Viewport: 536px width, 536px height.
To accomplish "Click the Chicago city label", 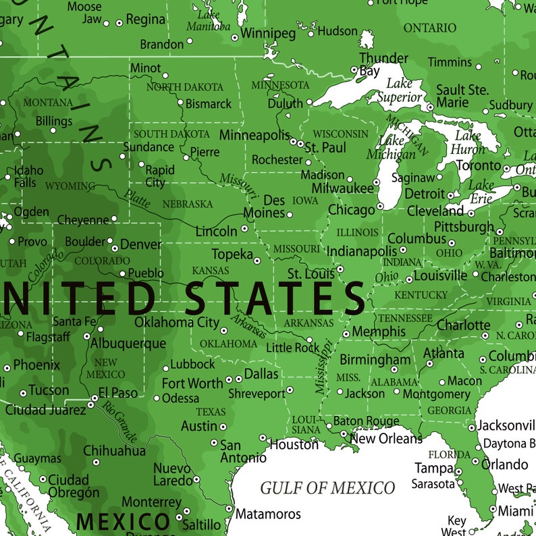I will (351, 210).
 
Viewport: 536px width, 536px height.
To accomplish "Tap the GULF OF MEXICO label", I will (327, 487).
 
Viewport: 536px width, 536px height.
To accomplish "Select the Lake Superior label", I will (399, 91).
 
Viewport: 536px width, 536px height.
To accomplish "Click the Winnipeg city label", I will (268, 33).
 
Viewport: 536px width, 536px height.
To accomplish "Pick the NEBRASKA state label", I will (188, 204).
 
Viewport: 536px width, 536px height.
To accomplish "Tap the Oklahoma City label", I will (177, 322).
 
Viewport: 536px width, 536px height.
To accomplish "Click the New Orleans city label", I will (385, 439).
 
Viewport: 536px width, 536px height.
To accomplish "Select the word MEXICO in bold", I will (123, 521).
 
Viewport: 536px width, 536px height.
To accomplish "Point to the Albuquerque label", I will (128, 343).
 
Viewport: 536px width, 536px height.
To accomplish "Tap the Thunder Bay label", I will (383, 64).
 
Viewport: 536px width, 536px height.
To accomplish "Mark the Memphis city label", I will (379, 332).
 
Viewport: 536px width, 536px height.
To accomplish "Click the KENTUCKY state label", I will (421, 295).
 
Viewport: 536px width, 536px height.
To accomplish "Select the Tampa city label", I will (433, 468).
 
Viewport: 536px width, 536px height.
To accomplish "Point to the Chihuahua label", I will (114, 450).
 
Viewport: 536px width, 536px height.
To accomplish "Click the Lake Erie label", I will (481, 191).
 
